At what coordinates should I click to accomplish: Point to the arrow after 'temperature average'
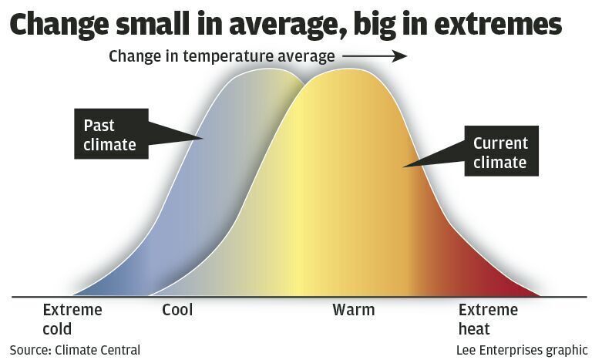tap(375, 56)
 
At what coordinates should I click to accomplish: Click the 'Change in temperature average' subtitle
tap(222, 56)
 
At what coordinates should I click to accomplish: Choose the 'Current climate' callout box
tap(500, 153)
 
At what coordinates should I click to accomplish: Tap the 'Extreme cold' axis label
tap(72, 319)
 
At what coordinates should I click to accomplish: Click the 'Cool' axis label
tap(177, 311)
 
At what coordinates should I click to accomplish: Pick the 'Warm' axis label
tap(353, 311)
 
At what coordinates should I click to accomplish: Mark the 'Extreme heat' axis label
tap(488, 319)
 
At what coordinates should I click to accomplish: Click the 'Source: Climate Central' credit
tap(75, 349)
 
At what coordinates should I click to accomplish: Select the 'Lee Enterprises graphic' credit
tap(521, 349)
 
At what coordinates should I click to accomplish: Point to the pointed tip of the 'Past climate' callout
tap(203, 139)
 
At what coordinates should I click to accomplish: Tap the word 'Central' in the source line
tap(117, 349)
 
